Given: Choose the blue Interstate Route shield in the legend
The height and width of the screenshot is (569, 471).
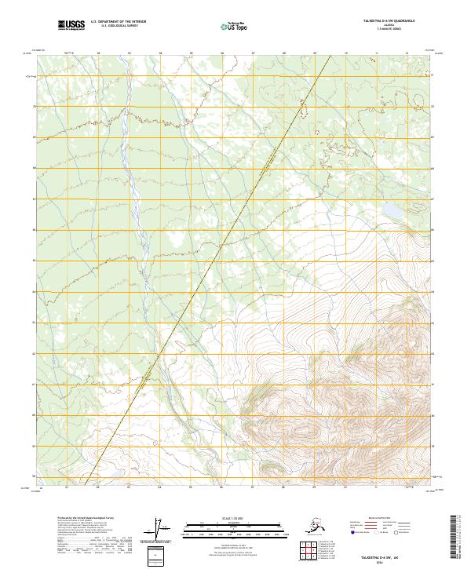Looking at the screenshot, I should pos(352,532).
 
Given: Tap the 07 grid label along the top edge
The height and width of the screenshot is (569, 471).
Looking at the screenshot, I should pos(253,54).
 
